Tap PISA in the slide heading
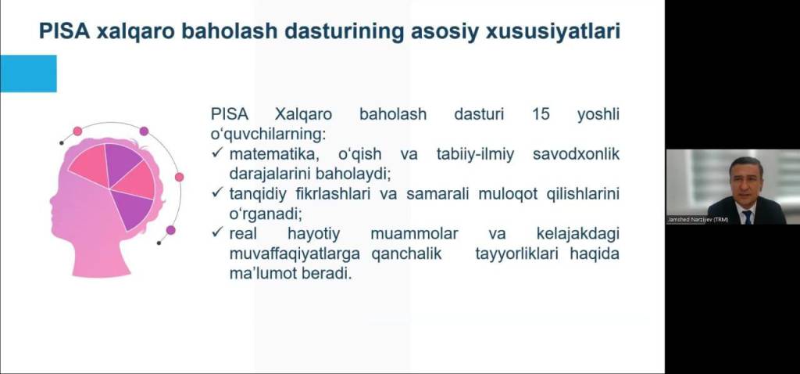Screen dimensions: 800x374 pos(64,31)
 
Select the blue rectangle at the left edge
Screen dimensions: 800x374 pos(28,74)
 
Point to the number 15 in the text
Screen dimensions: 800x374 pos(541,114)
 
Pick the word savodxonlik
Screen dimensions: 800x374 pos(576,154)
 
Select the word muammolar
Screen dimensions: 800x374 pos(414,234)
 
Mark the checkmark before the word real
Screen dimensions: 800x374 pos(219,233)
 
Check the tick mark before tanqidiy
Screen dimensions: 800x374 pos(219,193)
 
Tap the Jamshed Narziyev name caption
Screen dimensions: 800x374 pos(698,220)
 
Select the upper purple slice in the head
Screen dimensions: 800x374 pos(122,164)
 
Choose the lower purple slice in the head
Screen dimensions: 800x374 pos(131,208)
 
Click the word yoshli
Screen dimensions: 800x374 pos(598,114)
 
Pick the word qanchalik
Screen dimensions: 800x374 pos(406,254)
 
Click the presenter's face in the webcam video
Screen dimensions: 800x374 pos(745,179)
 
